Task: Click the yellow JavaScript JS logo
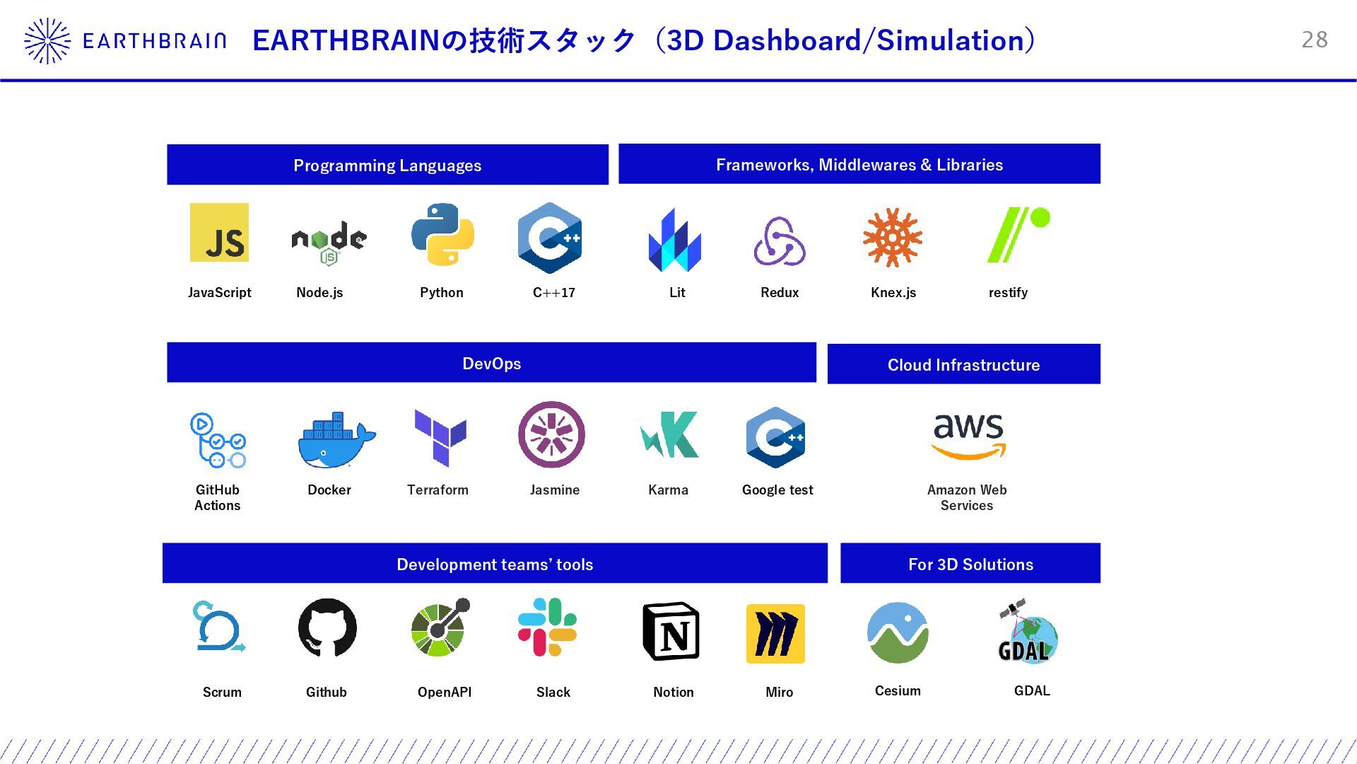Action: click(219, 233)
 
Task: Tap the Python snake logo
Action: click(442, 235)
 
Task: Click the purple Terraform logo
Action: click(440, 437)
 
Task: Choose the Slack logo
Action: click(548, 627)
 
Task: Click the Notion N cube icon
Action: click(671, 632)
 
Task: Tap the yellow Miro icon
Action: click(775, 634)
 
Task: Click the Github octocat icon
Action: click(327, 628)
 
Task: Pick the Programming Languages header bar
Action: click(387, 165)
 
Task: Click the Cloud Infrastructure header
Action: click(963, 364)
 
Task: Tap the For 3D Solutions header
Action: click(970, 564)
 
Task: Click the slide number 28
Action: click(1315, 40)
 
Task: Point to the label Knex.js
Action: click(893, 293)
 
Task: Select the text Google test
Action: click(777, 490)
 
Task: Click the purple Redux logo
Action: click(780, 241)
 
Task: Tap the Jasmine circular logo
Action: click(551, 435)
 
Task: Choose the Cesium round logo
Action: click(898, 632)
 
